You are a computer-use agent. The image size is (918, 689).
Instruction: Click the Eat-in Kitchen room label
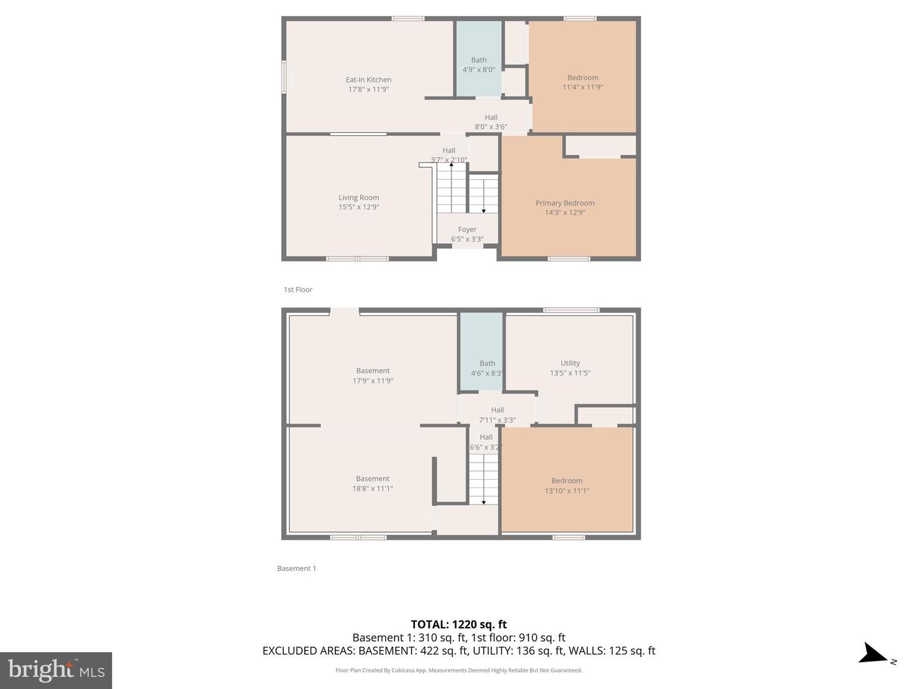[x=368, y=80]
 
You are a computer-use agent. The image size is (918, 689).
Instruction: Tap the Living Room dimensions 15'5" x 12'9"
[x=358, y=207]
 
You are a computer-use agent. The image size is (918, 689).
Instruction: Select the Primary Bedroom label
[x=565, y=203]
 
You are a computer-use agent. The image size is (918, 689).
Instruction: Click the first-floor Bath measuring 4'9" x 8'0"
[x=478, y=65]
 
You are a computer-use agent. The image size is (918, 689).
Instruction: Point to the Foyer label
[x=467, y=230]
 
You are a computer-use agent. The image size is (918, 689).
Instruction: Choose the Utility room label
[x=570, y=363]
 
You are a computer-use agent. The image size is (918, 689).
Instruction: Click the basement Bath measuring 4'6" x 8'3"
[x=487, y=368]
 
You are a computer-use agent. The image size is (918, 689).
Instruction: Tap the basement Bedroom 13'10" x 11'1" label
[x=567, y=485]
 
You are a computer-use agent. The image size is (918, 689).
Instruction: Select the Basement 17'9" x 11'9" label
[x=373, y=376]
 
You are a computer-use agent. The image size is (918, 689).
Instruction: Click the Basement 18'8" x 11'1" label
[x=372, y=484]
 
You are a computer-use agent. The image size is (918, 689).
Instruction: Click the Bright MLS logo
[x=56, y=670]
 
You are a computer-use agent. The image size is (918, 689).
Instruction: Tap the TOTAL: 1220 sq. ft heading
[x=458, y=625]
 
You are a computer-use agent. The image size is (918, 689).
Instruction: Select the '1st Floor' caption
[x=298, y=290]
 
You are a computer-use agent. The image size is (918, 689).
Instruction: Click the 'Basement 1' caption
[x=296, y=568]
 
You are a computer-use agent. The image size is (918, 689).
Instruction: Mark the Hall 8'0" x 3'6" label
[x=491, y=122]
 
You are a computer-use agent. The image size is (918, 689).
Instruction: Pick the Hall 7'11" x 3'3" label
[x=497, y=415]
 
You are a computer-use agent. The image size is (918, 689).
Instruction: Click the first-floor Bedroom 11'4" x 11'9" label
[x=583, y=82]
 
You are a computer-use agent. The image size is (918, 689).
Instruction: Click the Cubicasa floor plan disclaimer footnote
[x=458, y=670]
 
